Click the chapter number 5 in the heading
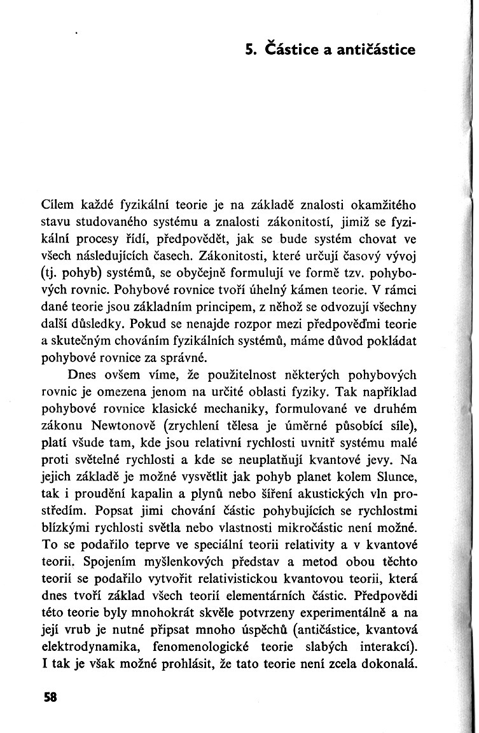(x=251, y=48)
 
